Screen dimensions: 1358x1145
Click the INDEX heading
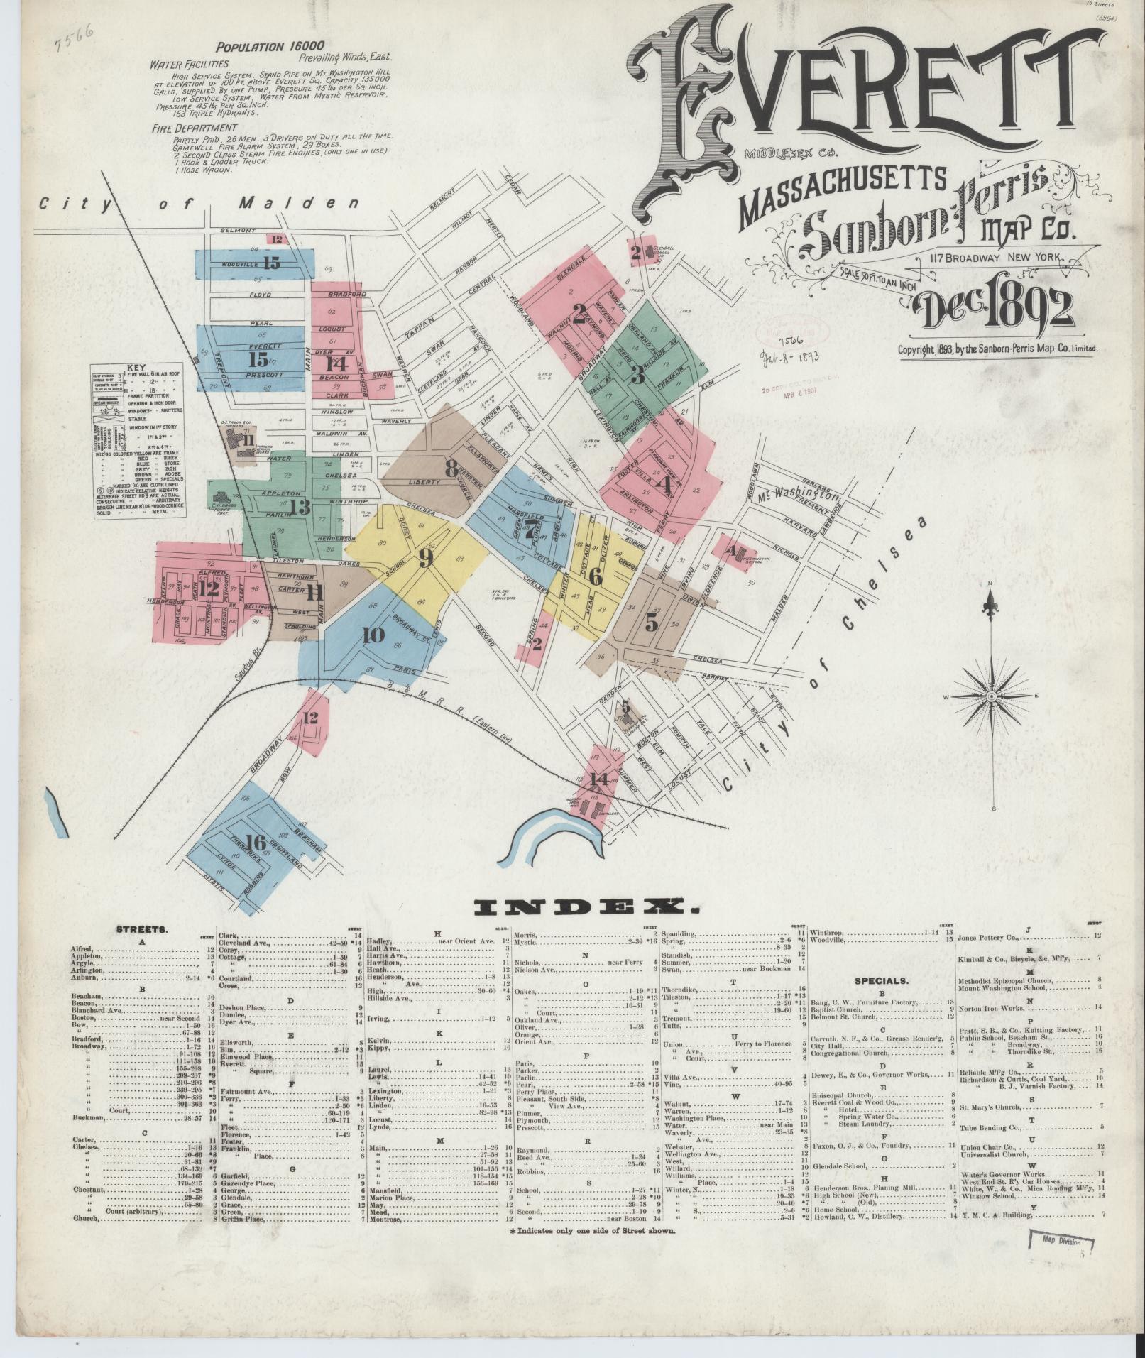click(x=586, y=907)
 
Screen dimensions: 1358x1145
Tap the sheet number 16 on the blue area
click(x=256, y=843)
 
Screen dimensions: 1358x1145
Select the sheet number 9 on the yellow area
click(x=426, y=559)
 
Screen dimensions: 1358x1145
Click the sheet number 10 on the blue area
click(x=373, y=635)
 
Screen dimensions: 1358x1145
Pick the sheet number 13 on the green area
click(x=300, y=507)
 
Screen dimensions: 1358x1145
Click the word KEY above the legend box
click(x=135, y=368)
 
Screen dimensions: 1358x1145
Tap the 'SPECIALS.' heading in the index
click(x=881, y=981)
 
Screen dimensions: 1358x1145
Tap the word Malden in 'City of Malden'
click(x=297, y=204)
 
